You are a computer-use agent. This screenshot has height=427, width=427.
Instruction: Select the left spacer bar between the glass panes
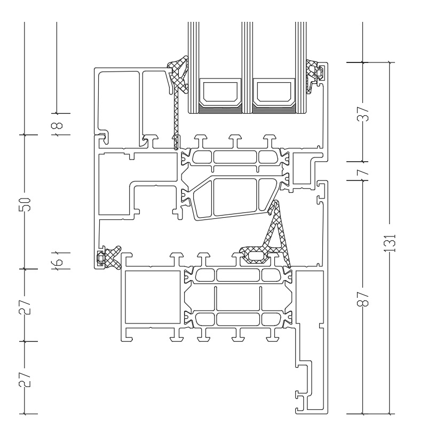click(219, 91)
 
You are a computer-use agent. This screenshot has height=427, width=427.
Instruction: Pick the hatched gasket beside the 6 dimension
click(109, 256)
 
